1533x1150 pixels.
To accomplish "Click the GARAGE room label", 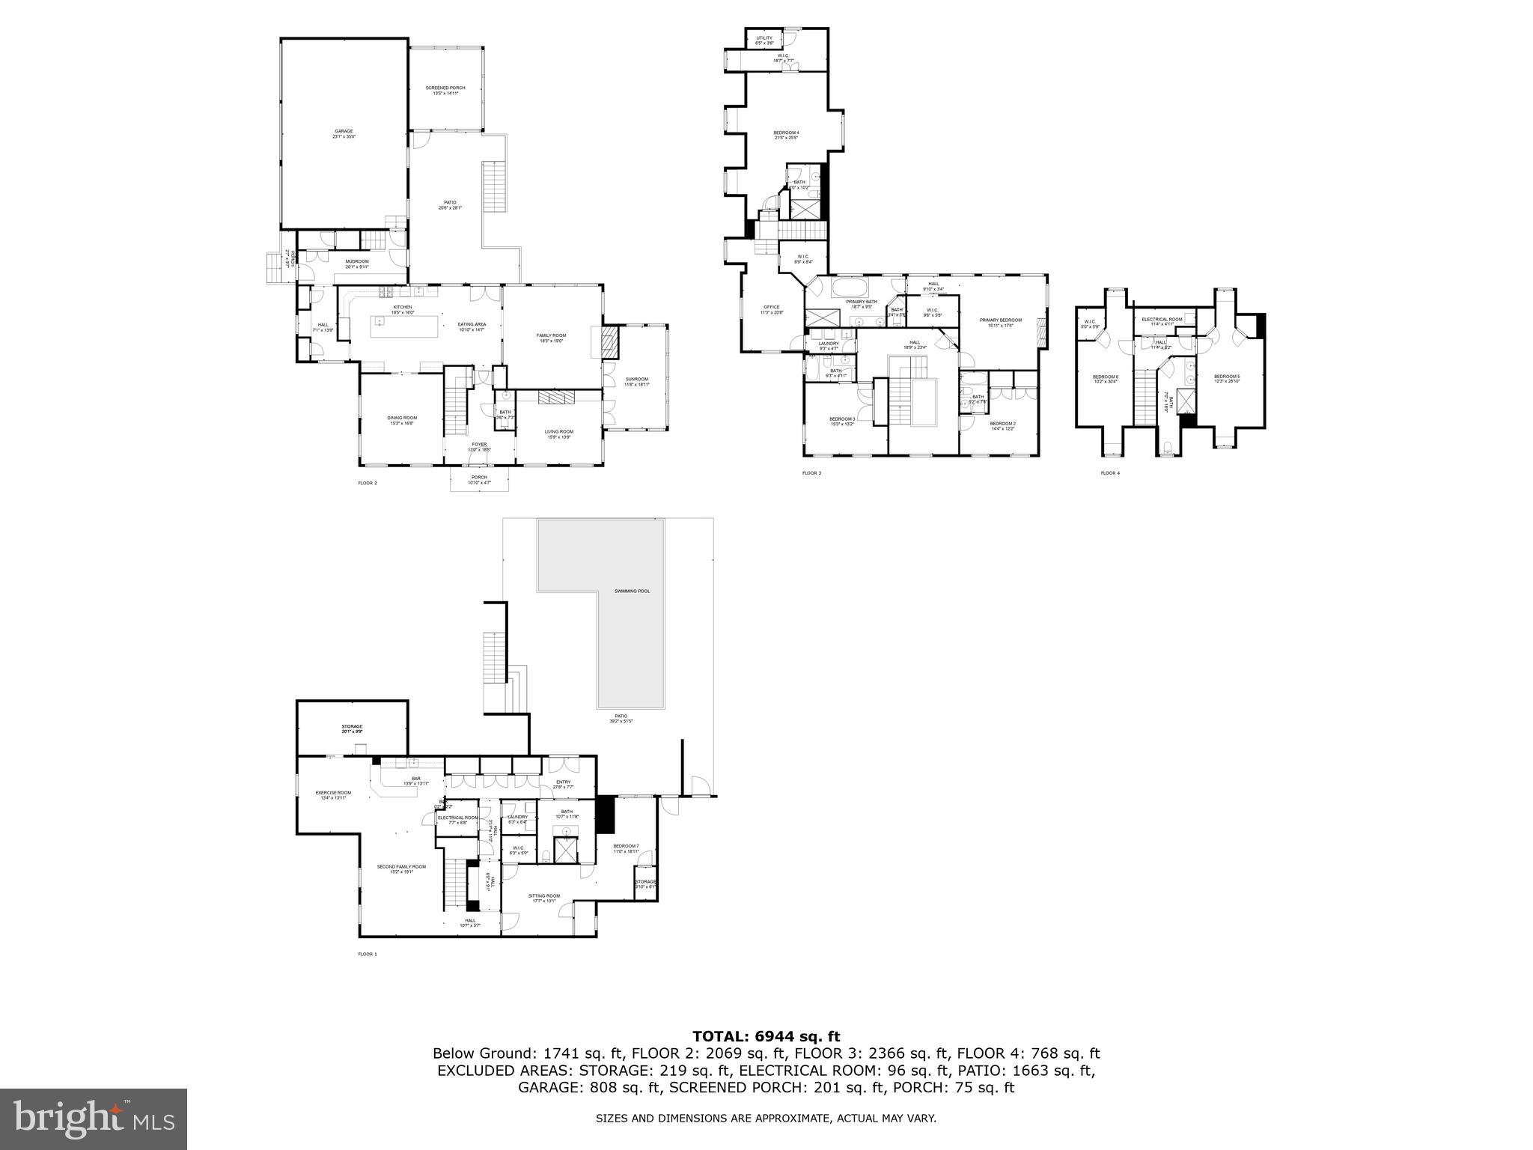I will tap(344, 132).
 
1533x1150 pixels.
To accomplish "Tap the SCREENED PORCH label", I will tap(445, 88).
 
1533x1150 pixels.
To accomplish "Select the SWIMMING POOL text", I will tap(632, 591).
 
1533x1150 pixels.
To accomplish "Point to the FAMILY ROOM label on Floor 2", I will tap(551, 335).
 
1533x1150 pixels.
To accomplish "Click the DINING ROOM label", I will tap(402, 418).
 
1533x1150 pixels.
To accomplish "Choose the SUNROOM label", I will tap(637, 380).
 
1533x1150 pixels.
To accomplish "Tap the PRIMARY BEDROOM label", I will tap(1000, 320).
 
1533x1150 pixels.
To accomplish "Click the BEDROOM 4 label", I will tap(786, 133).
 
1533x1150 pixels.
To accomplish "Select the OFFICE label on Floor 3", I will tap(771, 307).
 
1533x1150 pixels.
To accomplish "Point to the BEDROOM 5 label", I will tap(1227, 377).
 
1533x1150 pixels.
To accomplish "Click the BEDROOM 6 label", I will tap(1105, 377).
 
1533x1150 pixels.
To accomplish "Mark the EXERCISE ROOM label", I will tap(333, 793).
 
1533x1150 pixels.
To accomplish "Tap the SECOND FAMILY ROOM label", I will tap(401, 867).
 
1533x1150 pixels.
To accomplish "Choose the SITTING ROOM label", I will tap(543, 896).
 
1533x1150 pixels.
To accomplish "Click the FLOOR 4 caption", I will tap(1110, 473).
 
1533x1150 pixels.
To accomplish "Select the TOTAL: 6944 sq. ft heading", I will tap(766, 1037).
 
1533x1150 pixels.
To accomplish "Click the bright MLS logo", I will tap(94, 1119).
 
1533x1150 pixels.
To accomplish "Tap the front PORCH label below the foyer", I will tap(479, 478).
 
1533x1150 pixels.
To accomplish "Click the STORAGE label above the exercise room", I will tap(352, 727).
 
